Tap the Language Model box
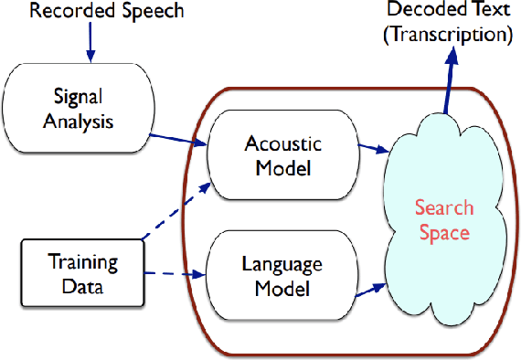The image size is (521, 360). click(281, 276)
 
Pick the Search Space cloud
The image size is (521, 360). click(442, 219)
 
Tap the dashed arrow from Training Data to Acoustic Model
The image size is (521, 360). click(174, 212)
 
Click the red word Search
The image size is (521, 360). click(442, 207)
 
